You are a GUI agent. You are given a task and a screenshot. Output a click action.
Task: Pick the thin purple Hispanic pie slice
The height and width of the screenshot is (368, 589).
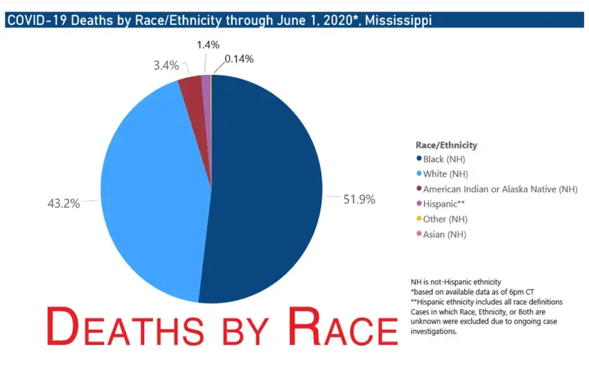pos(206,83)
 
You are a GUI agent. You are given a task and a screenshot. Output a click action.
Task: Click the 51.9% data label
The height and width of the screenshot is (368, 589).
pos(359,200)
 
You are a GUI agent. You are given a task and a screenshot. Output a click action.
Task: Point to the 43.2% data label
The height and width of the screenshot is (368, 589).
pos(63,204)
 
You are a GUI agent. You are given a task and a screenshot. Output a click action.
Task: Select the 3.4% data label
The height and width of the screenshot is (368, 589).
pos(166,66)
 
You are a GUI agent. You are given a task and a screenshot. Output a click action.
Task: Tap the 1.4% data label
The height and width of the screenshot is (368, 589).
pos(206,44)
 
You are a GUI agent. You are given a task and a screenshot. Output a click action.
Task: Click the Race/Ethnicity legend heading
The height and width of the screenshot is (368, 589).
pos(446,146)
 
